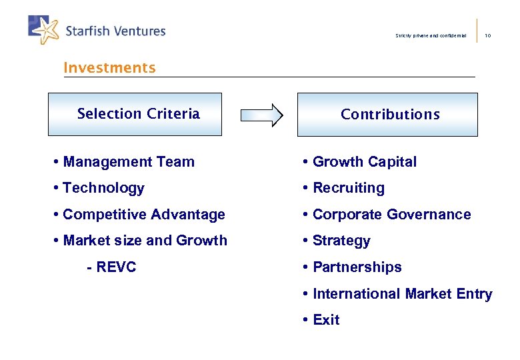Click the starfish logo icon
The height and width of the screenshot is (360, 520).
(43, 29)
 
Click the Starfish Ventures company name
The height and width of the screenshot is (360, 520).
(115, 31)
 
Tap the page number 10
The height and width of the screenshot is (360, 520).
(488, 35)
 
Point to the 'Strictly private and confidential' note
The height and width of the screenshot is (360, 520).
(431, 35)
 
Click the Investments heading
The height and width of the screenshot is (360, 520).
(109, 68)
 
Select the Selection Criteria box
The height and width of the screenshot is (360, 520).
(135, 114)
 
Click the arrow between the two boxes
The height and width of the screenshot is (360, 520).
(261, 115)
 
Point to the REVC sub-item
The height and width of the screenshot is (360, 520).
(111, 267)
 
